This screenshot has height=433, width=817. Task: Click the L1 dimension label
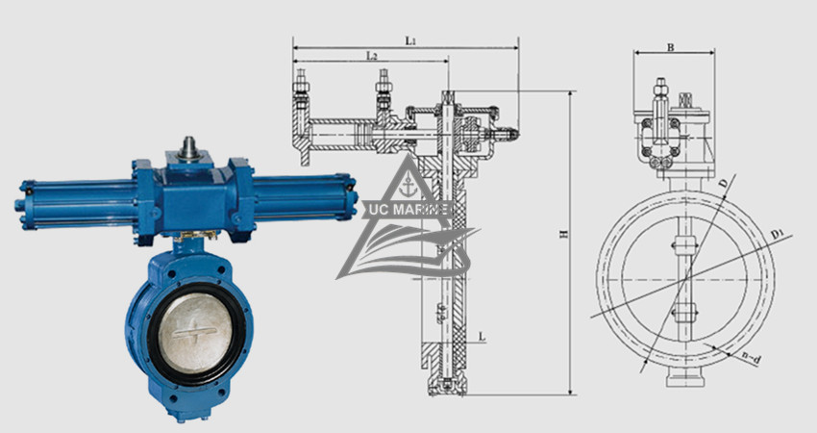410,40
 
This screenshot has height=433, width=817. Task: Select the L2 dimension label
371,57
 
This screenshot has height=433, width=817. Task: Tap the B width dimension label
670,45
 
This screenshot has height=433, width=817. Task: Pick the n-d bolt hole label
753,358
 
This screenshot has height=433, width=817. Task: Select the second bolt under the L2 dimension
384,87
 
